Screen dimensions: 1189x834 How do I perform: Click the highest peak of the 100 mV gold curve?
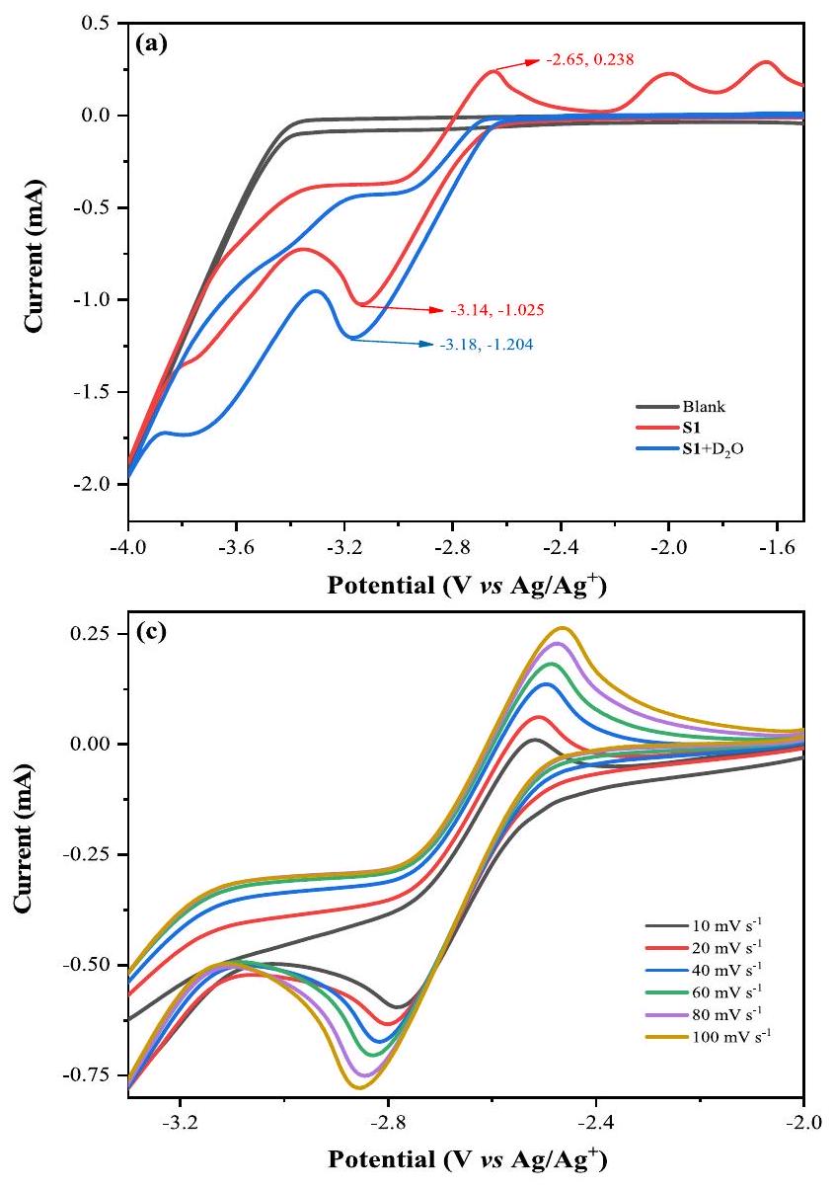point(563,628)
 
